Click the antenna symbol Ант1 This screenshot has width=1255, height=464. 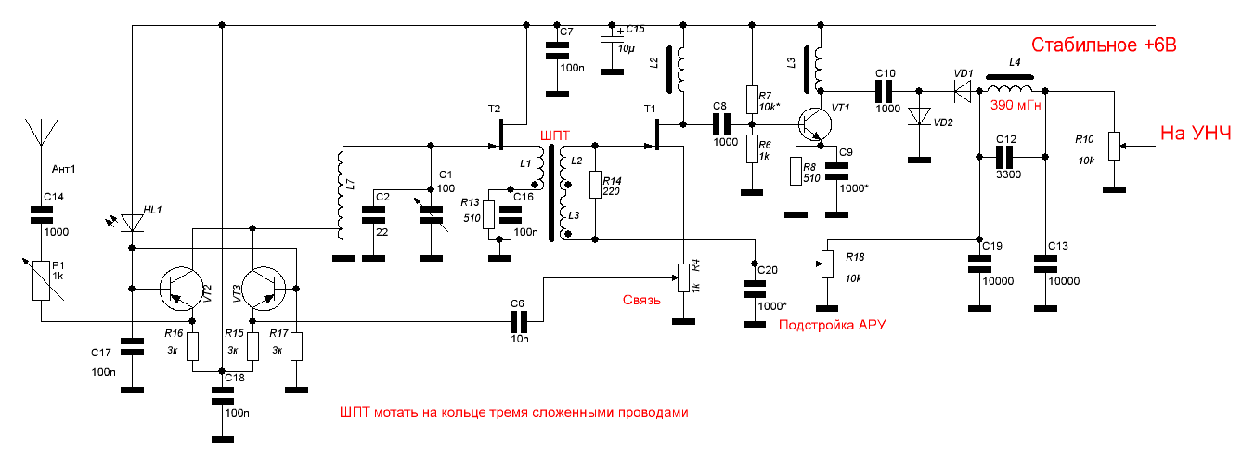tap(42, 135)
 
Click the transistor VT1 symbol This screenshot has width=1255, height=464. tap(815, 123)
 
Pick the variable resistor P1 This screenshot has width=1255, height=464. tap(41, 280)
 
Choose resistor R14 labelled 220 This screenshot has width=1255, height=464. tap(594, 185)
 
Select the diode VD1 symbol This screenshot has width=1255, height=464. tap(963, 90)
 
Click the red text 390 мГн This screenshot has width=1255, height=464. tap(1016, 105)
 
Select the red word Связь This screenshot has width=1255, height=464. tap(641, 301)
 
